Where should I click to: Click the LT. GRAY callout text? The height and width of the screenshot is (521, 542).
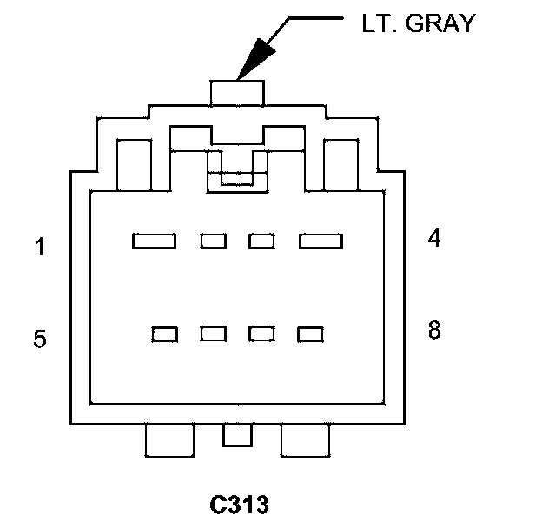pos(418,23)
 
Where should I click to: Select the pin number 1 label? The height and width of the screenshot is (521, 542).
pos(39,247)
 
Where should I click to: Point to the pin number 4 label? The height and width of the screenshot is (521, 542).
pos(434,238)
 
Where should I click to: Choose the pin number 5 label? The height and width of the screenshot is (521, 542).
pos(39,339)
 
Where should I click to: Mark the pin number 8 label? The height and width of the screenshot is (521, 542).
pos(434,330)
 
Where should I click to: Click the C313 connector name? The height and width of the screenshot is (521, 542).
pos(240,504)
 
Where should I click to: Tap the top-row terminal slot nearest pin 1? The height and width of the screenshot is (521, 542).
pos(154,241)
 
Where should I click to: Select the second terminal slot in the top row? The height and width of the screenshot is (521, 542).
pos(214,241)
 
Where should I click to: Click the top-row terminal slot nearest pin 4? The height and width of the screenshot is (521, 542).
pos(321,241)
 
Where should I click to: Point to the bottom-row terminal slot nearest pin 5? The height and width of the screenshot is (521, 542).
pos(165,333)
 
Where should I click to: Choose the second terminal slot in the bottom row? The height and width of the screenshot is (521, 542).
pos(214,333)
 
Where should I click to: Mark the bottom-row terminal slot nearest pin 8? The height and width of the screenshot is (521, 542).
pos(310,333)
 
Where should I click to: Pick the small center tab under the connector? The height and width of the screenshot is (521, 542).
pos(235,435)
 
